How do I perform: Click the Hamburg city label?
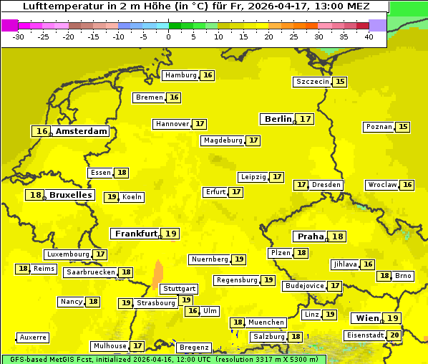coord(180,75)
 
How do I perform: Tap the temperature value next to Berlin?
coord(305,119)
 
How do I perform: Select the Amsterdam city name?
coord(81,131)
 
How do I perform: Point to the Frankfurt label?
coord(135,234)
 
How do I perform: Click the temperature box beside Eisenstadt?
coord(394,335)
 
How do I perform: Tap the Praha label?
coord(310,236)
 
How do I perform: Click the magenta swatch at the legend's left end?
coord(9,25)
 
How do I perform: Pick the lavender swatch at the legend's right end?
coord(378,25)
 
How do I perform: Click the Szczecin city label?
coord(312,82)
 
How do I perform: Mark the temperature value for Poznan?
coord(403,127)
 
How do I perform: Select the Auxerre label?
coord(33,337)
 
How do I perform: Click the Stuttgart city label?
coord(179,289)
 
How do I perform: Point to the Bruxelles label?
coord(69,195)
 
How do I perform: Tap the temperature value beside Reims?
coord(23,269)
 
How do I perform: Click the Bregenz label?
coord(194,348)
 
